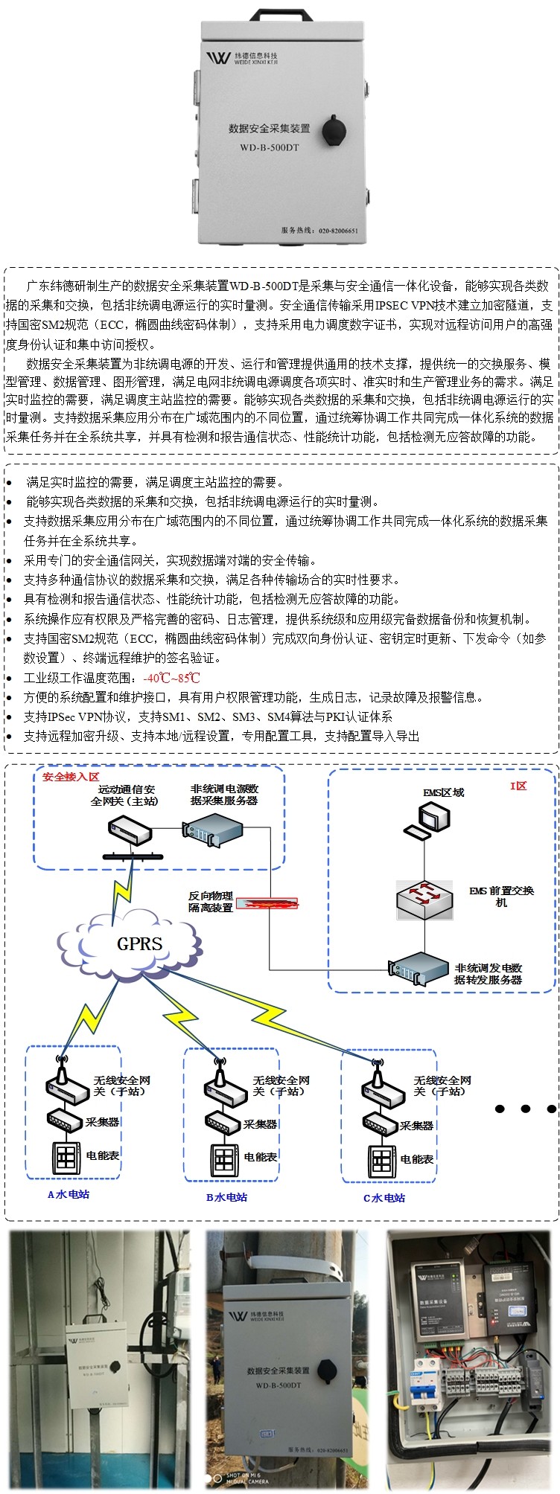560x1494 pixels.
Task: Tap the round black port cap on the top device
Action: click(334, 132)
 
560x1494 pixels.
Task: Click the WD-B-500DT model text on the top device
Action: click(269, 147)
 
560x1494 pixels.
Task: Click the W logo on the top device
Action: click(218, 57)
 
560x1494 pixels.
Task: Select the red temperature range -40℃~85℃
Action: click(171, 678)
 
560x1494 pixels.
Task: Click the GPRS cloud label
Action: click(139, 944)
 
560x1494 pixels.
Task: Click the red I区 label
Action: click(518, 786)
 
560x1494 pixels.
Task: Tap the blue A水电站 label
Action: click(69, 1194)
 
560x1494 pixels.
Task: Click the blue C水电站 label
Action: click(384, 1198)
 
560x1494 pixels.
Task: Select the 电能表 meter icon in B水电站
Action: click(225, 1158)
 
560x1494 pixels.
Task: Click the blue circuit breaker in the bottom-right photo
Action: click(427, 1382)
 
